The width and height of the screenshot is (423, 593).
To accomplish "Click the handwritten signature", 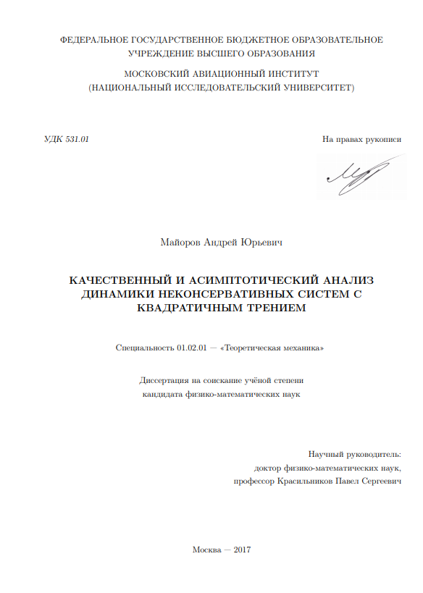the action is coord(358,175).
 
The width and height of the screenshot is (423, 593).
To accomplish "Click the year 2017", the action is coord(243,550).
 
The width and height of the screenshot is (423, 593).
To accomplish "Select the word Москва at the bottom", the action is coord(208,550).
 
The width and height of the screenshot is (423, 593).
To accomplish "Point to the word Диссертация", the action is coord(167,380).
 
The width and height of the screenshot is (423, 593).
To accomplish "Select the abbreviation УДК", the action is coord(53,139).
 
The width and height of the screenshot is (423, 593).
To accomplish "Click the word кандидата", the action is coord(162,395).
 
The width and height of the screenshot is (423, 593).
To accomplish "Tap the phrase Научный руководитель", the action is coord(354,454).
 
